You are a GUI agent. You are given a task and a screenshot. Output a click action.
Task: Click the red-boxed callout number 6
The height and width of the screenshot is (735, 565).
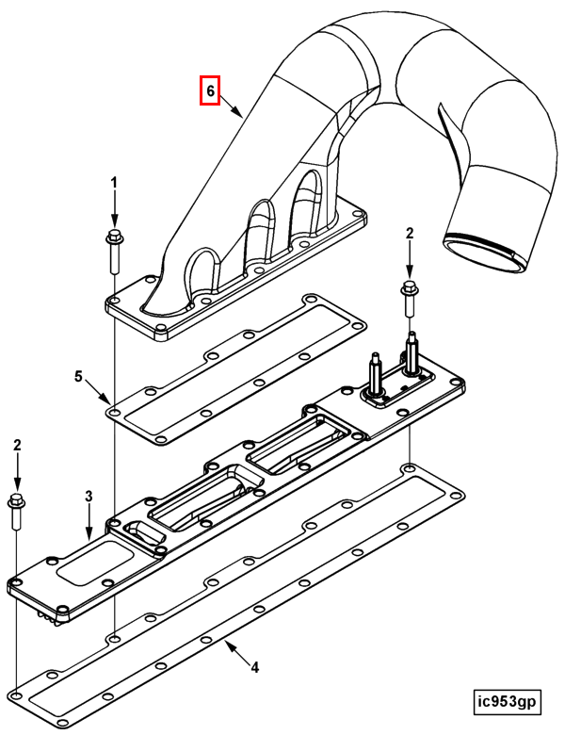(211, 90)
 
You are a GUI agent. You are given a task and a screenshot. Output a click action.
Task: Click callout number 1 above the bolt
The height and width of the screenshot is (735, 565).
(114, 181)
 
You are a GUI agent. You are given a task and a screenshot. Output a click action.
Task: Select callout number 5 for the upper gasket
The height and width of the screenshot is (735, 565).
(79, 377)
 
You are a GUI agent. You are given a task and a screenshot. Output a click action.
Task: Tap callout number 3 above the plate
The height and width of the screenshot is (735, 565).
(89, 496)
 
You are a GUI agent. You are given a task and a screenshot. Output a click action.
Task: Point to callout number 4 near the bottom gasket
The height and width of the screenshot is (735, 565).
(254, 668)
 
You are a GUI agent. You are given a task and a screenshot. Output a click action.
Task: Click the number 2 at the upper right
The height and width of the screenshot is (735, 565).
(410, 233)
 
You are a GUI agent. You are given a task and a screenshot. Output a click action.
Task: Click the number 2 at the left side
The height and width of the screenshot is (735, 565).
(16, 445)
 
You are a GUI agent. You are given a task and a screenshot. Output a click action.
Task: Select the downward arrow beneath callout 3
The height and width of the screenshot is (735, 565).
(89, 524)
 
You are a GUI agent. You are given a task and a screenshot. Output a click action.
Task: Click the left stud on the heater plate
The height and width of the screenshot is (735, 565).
(375, 376)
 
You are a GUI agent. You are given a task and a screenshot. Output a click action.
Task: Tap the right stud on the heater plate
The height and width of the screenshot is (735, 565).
(412, 353)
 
